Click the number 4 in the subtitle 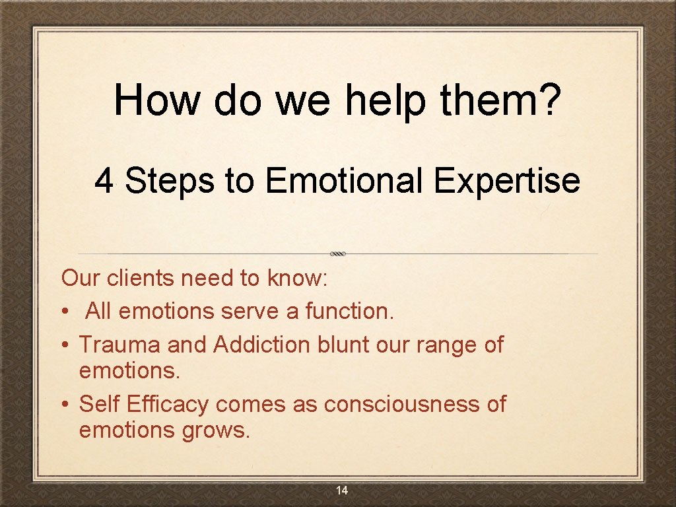click(104, 181)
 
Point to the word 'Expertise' click(507, 181)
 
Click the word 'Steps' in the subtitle click(170, 181)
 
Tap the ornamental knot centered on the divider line click(338, 253)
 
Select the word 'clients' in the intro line click(143, 279)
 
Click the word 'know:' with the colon click(297, 279)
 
